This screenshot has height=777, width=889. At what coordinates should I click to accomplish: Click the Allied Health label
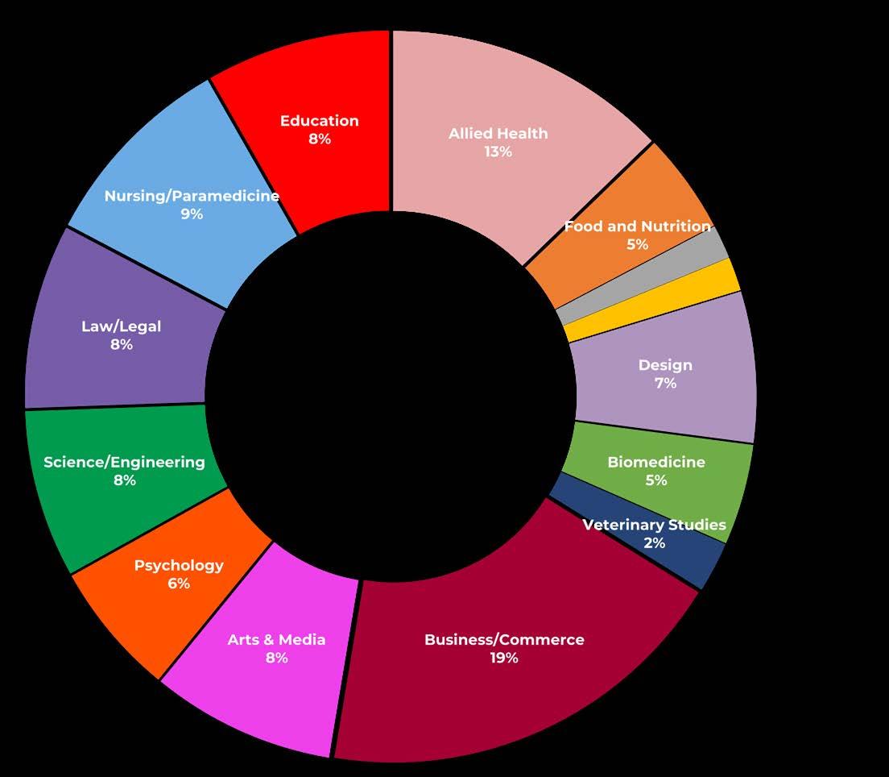[x=498, y=134]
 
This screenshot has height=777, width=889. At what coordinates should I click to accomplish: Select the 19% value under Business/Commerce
[x=504, y=658]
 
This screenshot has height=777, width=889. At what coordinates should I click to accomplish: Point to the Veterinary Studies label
[x=654, y=526]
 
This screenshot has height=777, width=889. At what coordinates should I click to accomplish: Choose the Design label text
[x=665, y=365]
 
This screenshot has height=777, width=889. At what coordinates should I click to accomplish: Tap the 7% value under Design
[x=665, y=384]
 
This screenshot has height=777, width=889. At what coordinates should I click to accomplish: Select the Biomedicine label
[x=655, y=462]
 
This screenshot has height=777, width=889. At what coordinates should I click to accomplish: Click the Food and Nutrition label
[x=637, y=226]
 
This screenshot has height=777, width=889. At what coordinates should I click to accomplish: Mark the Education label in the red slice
[x=319, y=121]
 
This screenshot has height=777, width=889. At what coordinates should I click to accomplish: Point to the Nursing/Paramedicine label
[x=192, y=196]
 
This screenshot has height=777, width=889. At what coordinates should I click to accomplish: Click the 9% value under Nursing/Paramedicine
[x=192, y=214]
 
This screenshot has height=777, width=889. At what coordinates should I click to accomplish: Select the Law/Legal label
[x=121, y=326]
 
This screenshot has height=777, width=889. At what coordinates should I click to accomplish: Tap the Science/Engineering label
[x=124, y=462]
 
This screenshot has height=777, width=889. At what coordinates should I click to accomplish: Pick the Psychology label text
[x=179, y=565]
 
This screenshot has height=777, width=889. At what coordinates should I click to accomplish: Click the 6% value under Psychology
[x=179, y=584]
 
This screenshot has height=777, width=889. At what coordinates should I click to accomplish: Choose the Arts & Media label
[x=276, y=640]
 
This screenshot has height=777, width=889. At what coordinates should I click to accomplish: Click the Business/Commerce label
[x=504, y=640]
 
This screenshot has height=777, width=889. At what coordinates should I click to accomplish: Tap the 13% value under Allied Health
[x=498, y=152]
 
